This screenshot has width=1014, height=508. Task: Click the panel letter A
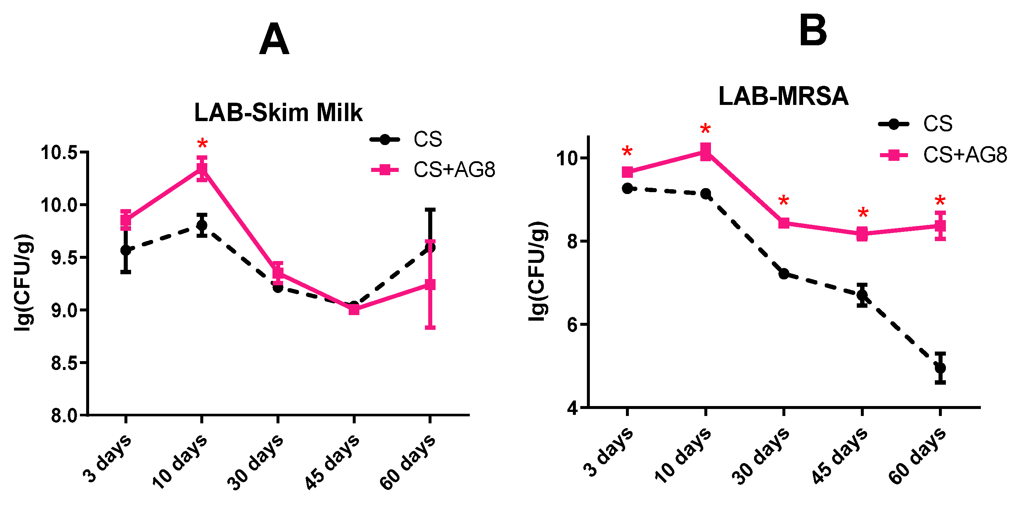274,39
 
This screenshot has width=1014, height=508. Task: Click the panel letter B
813,30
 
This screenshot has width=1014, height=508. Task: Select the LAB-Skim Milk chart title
278,113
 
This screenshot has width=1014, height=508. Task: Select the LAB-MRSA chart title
784,96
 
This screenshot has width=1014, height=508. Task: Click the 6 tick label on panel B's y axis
573,325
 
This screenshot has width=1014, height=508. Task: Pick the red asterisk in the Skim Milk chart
203,144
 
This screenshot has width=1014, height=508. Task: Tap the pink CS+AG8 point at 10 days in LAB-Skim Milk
202,169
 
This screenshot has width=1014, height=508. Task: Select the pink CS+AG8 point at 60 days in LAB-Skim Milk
430,285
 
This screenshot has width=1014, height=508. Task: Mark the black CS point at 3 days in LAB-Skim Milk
126,250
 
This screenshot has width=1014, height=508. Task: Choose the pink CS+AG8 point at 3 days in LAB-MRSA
627,172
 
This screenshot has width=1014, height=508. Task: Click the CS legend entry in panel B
916,124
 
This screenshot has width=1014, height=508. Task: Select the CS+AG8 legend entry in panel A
433,170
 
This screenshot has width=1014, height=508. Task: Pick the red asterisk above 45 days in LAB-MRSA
863,213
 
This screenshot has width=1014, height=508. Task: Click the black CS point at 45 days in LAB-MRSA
862,295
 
